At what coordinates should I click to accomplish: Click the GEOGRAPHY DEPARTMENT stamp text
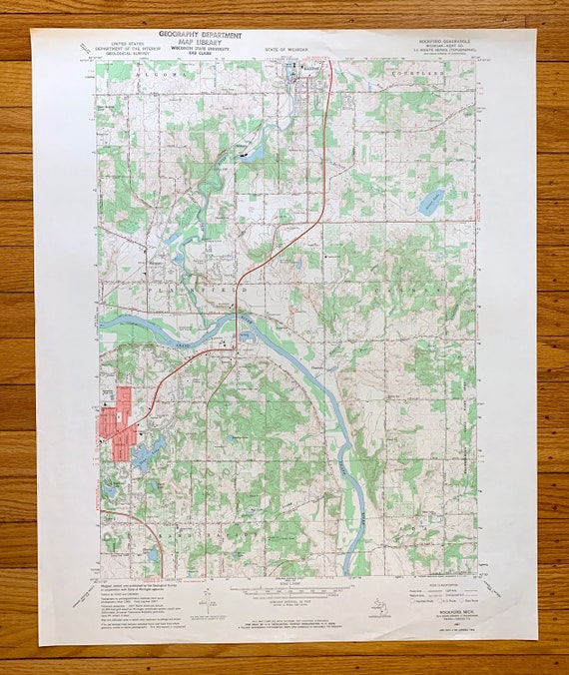click(x=200, y=35)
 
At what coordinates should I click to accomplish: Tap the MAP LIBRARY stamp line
click(x=199, y=43)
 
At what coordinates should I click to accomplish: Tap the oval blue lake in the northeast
click(x=430, y=204)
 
